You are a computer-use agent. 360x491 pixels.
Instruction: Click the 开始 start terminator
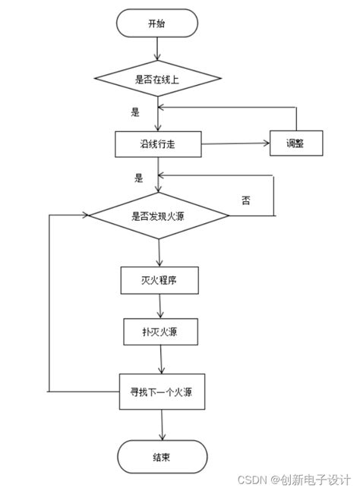tap(157, 23)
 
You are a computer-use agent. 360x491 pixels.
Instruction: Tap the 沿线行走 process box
tap(158, 143)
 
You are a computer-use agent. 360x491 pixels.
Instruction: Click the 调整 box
tap(296, 143)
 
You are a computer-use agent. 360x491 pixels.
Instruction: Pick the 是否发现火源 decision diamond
tap(158, 216)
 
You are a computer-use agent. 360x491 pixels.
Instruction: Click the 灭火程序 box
tap(159, 279)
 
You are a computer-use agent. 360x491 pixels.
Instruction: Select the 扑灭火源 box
tap(161, 331)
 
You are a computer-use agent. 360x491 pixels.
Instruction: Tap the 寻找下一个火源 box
tap(163, 392)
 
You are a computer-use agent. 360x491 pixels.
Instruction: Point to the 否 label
tap(245, 200)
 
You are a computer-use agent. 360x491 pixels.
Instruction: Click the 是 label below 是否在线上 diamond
tap(135, 112)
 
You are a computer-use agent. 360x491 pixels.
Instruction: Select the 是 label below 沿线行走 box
tap(139, 178)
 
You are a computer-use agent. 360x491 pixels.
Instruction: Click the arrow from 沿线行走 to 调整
tap(235, 143)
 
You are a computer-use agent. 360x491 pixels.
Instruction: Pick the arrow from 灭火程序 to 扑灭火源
tap(160, 305)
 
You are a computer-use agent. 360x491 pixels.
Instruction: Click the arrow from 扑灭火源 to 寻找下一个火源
tap(162, 358)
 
